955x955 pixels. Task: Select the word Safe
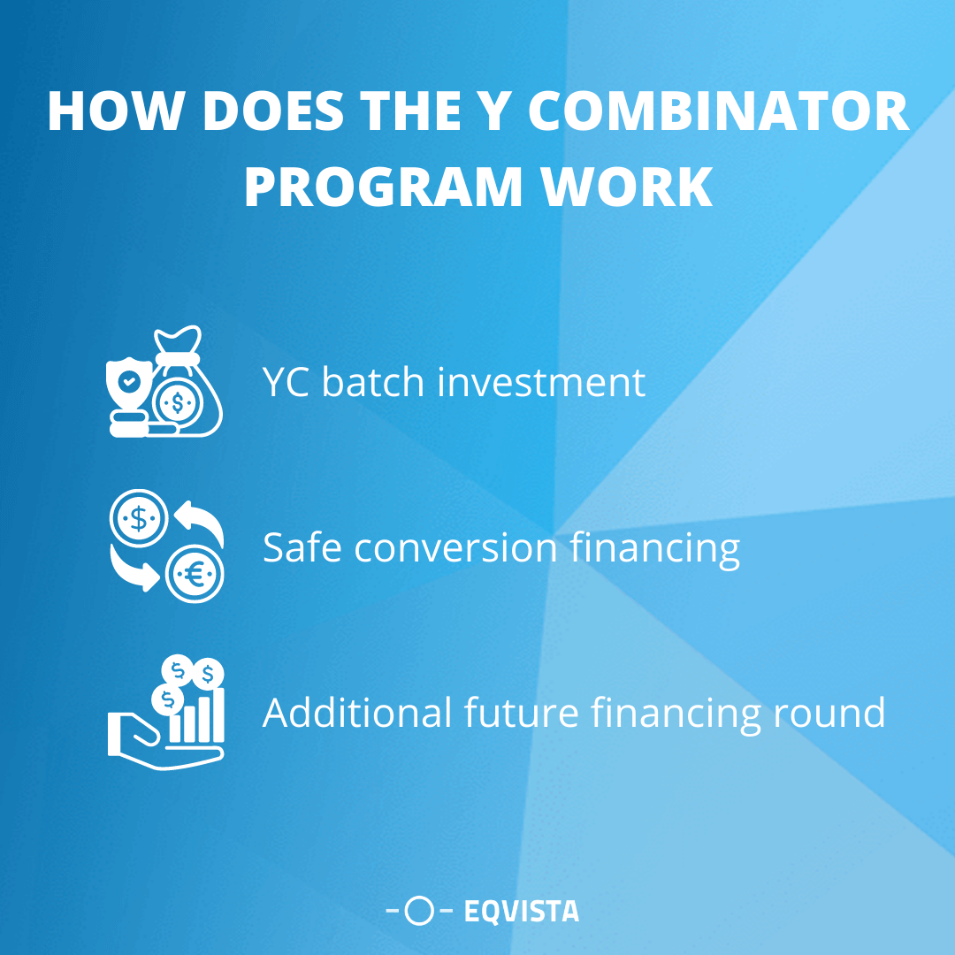302,548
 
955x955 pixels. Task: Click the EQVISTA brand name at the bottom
522,911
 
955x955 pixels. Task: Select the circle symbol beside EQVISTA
420,911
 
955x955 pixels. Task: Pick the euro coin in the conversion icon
195,575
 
